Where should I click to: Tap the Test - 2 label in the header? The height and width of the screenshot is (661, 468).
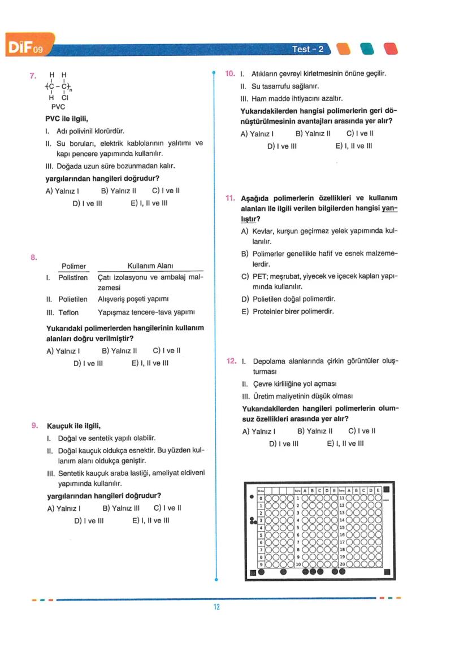pos(308,49)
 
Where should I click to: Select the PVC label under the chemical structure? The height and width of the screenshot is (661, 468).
pos(58,106)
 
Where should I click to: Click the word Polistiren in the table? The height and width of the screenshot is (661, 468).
pos(73,278)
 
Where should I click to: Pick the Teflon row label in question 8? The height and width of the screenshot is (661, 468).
pos(68,312)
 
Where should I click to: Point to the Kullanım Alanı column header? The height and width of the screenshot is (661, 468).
pos(150,266)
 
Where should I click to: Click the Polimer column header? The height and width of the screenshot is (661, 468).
pos(73,266)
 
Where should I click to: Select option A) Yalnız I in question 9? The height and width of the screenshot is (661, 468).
pos(63,508)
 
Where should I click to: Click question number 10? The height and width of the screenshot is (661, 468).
pos(230,73)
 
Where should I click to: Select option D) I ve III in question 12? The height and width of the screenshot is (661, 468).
pos(283,443)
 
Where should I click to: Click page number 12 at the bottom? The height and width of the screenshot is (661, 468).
pos(216,607)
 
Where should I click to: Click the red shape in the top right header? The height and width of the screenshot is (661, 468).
pos(391,49)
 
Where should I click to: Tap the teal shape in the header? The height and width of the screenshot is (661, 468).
pos(367,49)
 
